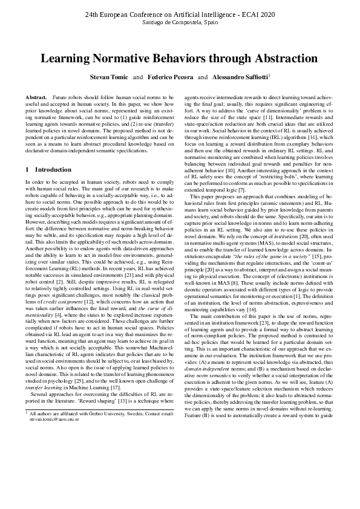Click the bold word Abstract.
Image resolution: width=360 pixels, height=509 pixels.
tap(36, 97)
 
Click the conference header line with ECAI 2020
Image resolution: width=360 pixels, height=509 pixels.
tap(180, 13)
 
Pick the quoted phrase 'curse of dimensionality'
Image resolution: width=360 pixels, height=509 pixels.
tap(285, 111)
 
